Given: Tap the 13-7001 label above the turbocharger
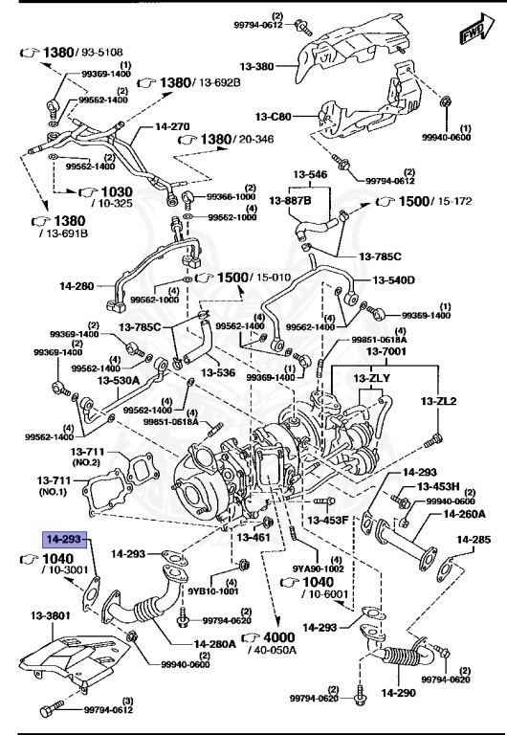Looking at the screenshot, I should (386, 352).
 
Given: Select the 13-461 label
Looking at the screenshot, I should (253, 537).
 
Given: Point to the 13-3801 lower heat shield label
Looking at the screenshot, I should (52, 615).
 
